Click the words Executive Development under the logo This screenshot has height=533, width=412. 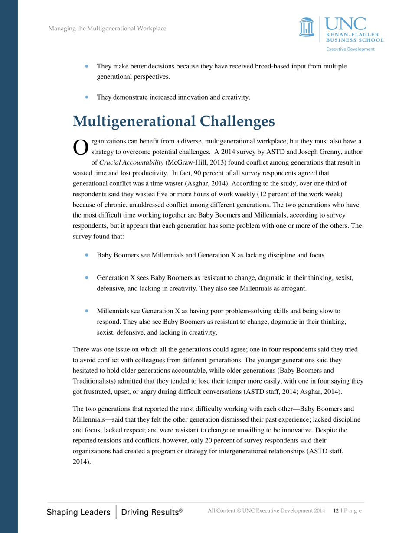coord(350,49)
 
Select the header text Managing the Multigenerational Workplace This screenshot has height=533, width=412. coord(107,29)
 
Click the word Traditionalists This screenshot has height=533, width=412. coord(96,381)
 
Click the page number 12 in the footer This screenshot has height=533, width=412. coord(336,511)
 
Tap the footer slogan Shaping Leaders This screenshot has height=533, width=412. coord(78,512)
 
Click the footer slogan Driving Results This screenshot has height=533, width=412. coord(151,512)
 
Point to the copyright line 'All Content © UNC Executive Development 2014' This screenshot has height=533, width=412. coord(266,511)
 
